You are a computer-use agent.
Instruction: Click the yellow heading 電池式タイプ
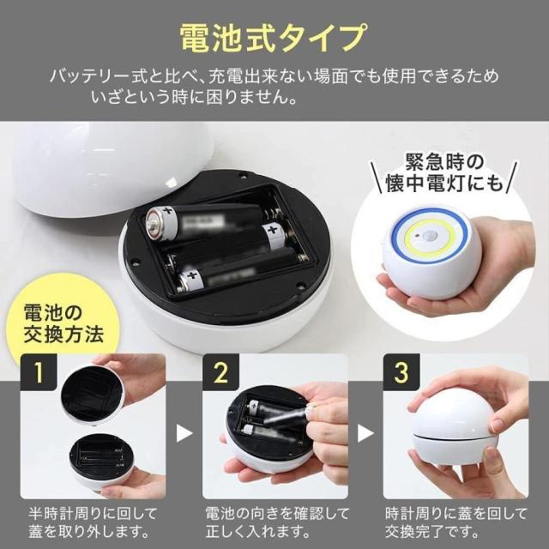[274, 38]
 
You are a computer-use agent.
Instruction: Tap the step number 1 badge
[39, 372]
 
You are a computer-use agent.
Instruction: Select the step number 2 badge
[220, 372]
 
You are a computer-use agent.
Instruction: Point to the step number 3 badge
[401, 372]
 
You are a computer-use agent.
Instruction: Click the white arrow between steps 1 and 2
[184, 433]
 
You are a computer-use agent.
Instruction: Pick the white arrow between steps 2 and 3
[365, 433]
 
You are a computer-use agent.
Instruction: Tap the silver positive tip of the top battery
[153, 224]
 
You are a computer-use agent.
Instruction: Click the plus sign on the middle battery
[272, 231]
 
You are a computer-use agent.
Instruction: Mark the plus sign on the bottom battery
[191, 275]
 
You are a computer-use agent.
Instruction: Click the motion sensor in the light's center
[427, 237]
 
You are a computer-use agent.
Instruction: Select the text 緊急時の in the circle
[444, 162]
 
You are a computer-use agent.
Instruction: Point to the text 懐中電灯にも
[444, 183]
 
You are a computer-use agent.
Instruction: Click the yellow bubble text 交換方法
[63, 334]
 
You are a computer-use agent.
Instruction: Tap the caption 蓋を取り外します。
[88, 533]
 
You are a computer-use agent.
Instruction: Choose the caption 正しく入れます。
[257, 533]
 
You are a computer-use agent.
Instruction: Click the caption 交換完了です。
[432, 533]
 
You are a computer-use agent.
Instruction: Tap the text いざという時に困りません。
[195, 97]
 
